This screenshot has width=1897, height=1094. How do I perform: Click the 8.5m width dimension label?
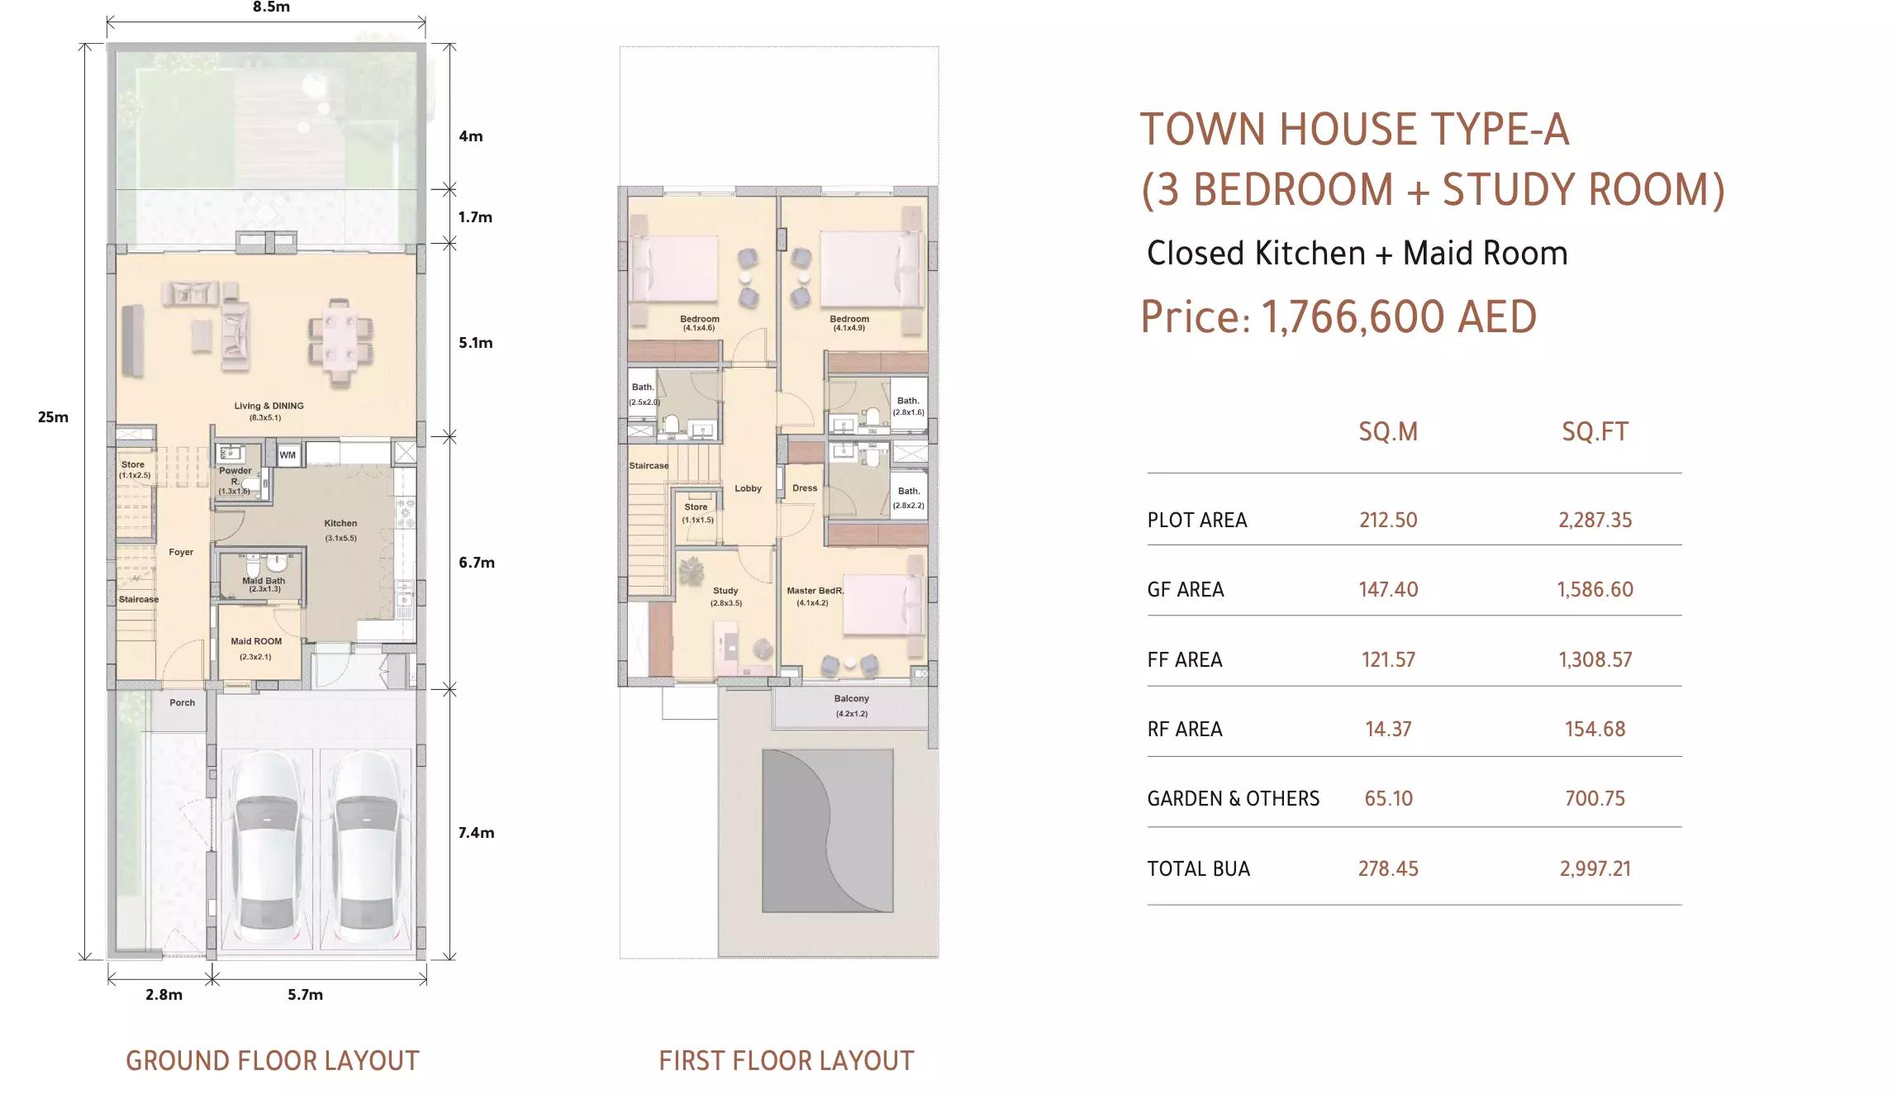coord(271,7)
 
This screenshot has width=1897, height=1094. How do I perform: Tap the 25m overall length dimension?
coord(53,417)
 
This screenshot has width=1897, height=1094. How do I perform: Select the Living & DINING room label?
coord(269,407)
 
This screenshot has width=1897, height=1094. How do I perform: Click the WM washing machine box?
coord(288,455)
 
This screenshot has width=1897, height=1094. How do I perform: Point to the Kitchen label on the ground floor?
coord(340,523)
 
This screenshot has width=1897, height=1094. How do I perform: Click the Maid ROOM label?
coord(256,641)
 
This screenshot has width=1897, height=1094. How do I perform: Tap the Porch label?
coord(183,703)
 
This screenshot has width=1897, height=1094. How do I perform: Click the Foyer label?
coord(181,552)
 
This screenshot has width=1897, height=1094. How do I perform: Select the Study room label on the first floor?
coord(725,591)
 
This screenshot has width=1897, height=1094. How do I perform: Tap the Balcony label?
coord(852,699)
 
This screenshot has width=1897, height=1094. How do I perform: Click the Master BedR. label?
coord(815,591)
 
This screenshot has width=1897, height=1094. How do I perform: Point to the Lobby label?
coord(748,488)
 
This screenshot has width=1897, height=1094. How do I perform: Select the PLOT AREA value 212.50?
coord(1388,521)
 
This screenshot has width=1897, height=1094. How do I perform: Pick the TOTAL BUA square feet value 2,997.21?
coord(1595,869)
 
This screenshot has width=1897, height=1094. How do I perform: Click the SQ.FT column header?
coord(1595,432)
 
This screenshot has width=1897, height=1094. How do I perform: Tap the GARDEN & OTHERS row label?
coord(1233,799)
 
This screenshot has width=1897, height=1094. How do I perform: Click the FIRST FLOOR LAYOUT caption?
coord(787,1061)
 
